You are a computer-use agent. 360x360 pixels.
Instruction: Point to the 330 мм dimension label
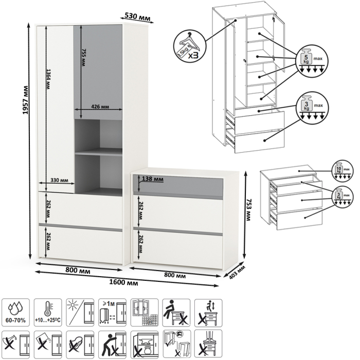pyautogui.click(x=60, y=180)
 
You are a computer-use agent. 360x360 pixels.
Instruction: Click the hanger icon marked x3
pyautogui.click(x=189, y=45)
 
